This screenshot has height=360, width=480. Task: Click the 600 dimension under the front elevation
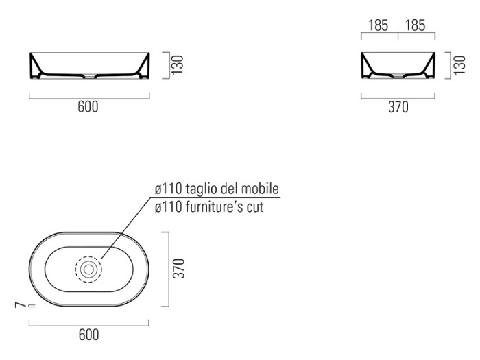pyautogui.click(x=88, y=107)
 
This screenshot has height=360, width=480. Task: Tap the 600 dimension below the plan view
pyautogui.click(x=88, y=335)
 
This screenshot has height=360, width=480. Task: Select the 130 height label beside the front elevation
pyautogui.click(x=178, y=64)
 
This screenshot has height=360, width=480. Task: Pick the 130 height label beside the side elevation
pyautogui.click(x=459, y=65)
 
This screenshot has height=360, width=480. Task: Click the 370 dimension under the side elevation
pyautogui.click(x=398, y=107)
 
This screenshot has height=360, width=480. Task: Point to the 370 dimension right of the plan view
pyautogui.click(x=180, y=269)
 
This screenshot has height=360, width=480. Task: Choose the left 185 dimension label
pyautogui.click(x=378, y=25)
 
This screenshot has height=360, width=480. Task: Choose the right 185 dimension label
pyautogui.click(x=416, y=25)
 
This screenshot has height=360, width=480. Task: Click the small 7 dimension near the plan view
pyautogui.click(x=20, y=305)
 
